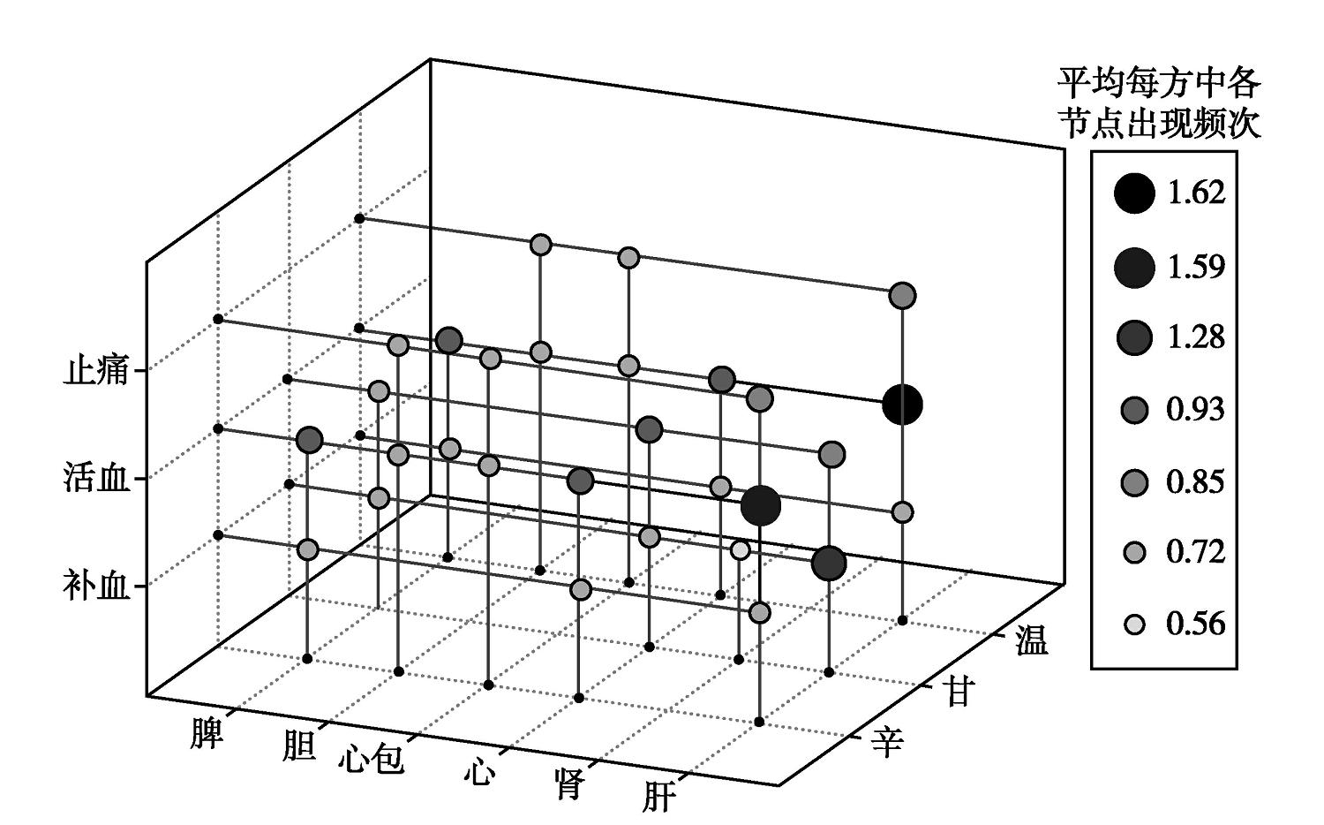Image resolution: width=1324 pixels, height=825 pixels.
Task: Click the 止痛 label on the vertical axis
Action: coord(95,370)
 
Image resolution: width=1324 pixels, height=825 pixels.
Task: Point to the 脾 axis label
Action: coord(207,732)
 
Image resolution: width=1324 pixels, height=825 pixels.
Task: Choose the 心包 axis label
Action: coord(371,759)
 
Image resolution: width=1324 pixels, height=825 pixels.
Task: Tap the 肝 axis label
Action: coord(658,798)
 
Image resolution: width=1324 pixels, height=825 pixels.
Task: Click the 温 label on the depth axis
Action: coord(1031,640)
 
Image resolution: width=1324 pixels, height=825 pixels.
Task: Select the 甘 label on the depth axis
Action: coord(959,691)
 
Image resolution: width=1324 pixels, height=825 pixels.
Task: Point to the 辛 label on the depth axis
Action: coord(887,742)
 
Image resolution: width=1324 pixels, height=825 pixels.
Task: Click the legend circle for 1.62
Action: coord(1134,193)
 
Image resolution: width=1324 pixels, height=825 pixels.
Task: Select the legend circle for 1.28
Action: coord(1134,337)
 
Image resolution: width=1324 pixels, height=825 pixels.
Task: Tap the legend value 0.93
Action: coord(1195,410)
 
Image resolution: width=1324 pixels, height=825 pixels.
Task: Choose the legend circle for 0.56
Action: coord(1134,624)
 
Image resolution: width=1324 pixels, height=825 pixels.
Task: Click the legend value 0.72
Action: coord(1195,553)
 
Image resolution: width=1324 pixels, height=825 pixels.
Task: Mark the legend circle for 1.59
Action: coord(1134,266)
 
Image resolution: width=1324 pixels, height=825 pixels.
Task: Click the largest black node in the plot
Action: coord(902,405)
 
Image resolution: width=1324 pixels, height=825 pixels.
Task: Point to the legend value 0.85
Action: coord(1195,482)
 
